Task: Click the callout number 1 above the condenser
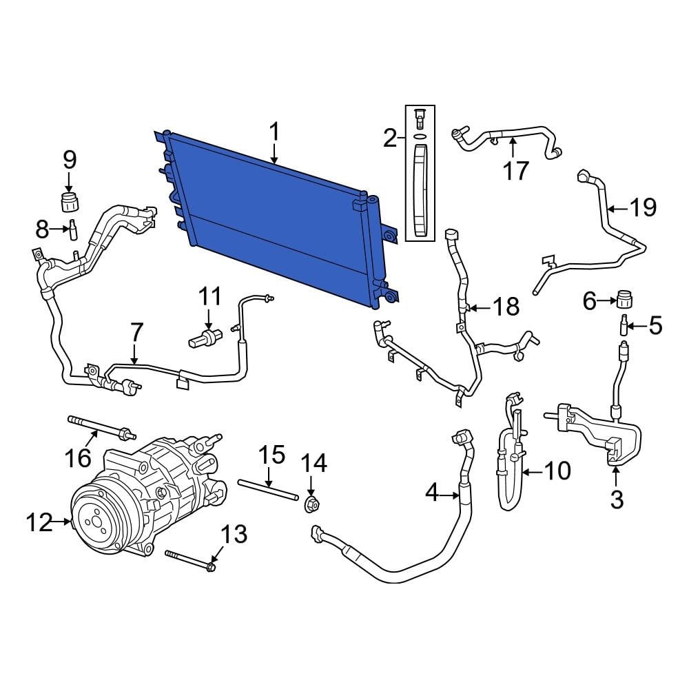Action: click(274, 132)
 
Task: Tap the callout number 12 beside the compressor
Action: click(39, 523)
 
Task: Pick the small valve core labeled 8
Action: click(71, 228)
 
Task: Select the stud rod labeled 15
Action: click(267, 490)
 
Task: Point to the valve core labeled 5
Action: click(624, 325)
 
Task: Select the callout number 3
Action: click(617, 499)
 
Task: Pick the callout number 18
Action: click(506, 307)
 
